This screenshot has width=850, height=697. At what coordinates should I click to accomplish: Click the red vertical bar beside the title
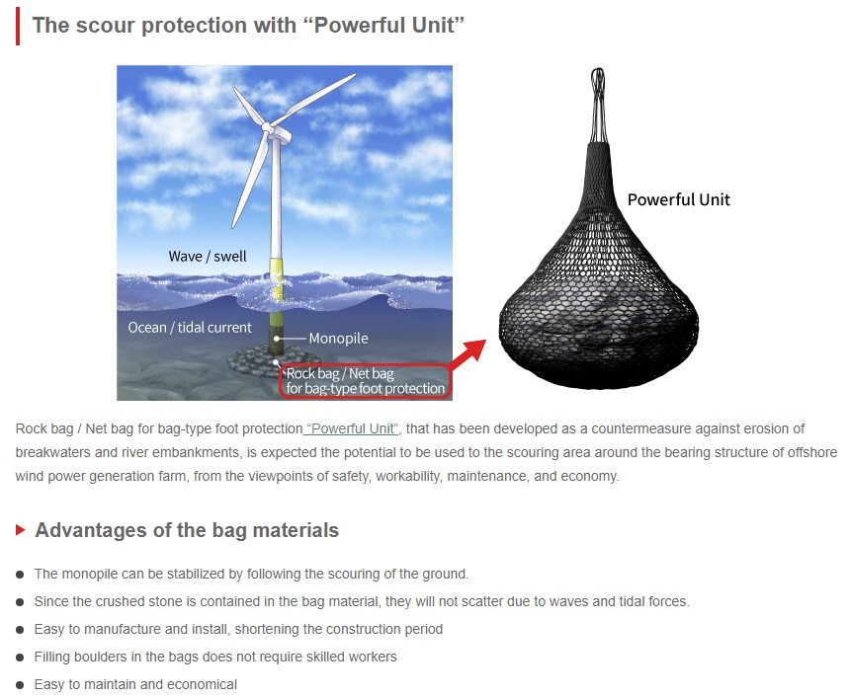click(x=18, y=26)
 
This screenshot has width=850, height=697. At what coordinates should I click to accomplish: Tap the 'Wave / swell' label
click(x=208, y=256)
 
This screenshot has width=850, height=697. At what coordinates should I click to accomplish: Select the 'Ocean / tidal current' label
click(x=190, y=328)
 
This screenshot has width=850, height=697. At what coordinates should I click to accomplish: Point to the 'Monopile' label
click(x=338, y=339)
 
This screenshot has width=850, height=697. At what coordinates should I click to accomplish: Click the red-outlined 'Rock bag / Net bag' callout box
click(x=366, y=381)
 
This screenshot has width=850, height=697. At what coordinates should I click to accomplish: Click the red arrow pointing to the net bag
click(x=467, y=354)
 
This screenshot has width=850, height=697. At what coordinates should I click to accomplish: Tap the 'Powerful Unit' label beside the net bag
click(x=679, y=199)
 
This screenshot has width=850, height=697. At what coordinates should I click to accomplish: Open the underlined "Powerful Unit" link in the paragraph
click(x=351, y=428)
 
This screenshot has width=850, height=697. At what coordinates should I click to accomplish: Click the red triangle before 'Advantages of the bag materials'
click(x=21, y=529)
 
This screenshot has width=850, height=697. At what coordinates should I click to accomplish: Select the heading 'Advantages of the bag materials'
click(x=187, y=530)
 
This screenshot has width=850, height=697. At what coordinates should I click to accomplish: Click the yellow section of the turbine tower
click(x=277, y=280)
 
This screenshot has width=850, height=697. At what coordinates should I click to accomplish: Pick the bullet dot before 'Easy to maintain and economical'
click(x=20, y=685)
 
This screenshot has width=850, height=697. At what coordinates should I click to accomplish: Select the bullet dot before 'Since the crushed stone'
click(x=20, y=602)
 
